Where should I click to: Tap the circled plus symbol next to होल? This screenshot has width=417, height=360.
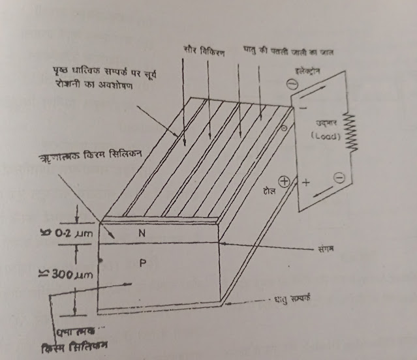click(285, 183)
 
